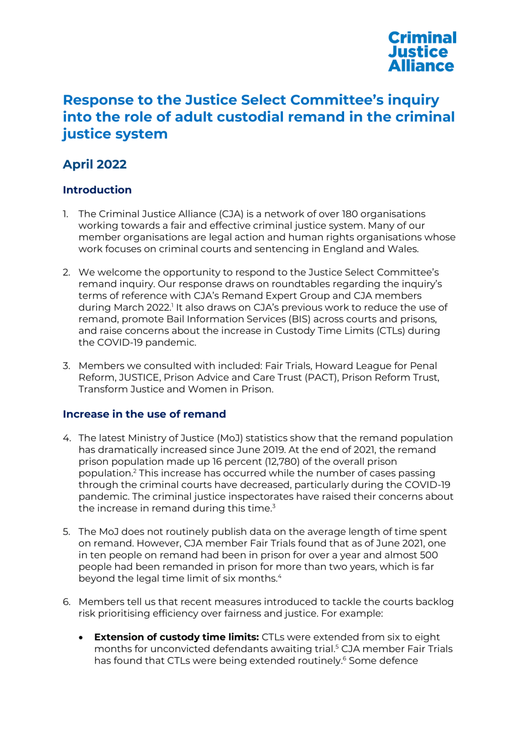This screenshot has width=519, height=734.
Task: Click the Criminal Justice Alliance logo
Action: point(422,52)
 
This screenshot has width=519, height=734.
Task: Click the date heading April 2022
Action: point(94,164)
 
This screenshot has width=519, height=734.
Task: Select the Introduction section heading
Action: point(97,190)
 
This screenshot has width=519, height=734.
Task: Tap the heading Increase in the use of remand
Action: point(144,414)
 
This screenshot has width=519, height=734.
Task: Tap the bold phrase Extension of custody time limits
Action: point(176,637)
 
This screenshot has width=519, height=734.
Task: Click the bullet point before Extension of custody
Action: point(81,638)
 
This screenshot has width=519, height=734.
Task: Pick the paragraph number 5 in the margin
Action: point(66,532)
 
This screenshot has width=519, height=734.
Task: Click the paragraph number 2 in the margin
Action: point(66,272)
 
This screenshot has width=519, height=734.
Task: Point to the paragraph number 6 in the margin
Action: point(66,602)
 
